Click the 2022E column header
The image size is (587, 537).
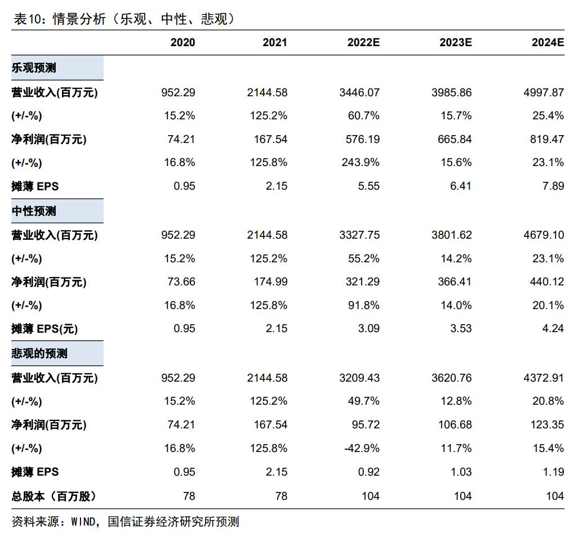tap(363, 43)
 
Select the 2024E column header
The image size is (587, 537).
tap(548, 43)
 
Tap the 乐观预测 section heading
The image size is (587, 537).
tap(34, 69)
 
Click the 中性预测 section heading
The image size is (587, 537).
tap(34, 211)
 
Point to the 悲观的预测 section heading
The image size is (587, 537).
tap(39, 353)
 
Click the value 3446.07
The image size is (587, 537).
tap(359, 92)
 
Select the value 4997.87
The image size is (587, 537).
tap(544, 92)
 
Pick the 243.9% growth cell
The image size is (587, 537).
tap(361, 163)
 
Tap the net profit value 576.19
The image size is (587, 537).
tap(363, 139)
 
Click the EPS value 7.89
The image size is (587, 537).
tap(553, 186)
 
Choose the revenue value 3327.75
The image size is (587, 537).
tap(359, 235)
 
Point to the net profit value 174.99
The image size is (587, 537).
tap(270, 282)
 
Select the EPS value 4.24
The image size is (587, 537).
tap(553, 329)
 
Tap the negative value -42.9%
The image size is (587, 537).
tap(362, 449)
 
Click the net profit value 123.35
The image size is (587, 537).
tap(547, 425)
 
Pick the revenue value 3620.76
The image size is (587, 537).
tap(452, 378)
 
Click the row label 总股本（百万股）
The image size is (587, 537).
tap(54, 496)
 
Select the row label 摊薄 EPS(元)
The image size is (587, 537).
tap(45, 329)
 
